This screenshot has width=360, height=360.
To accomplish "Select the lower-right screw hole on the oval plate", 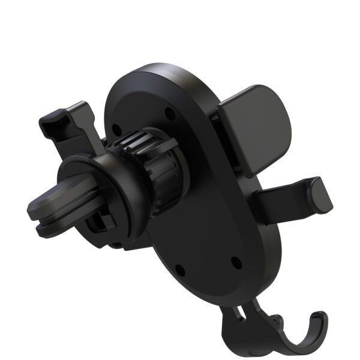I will coord(236,262).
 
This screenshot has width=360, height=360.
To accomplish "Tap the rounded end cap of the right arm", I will coord(319,194).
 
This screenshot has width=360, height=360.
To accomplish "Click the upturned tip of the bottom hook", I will coord(318,318).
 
